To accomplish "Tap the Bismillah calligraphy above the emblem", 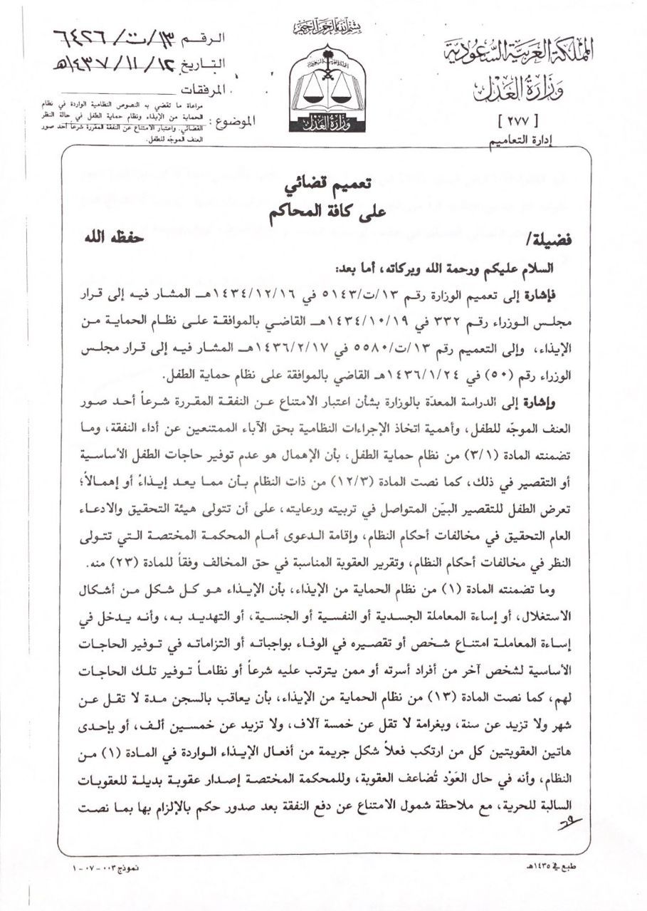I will [x=329, y=27].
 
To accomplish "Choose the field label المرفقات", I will [x=207, y=90].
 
